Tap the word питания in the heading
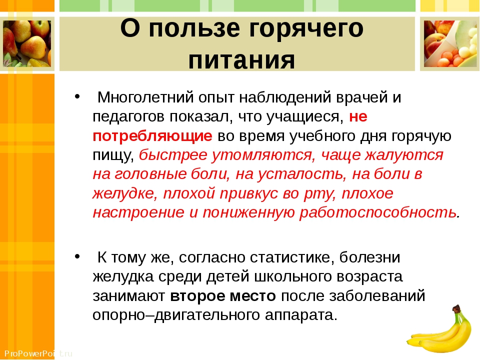click(x=242, y=59)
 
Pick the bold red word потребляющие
click(x=152, y=136)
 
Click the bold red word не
click(x=358, y=116)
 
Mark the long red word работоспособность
click(x=378, y=212)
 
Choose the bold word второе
click(x=197, y=296)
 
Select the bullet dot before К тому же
click(x=77, y=256)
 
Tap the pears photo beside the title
click(x=27, y=44)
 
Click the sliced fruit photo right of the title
click(x=450, y=44)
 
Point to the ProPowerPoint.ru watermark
click(x=38, y=353)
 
